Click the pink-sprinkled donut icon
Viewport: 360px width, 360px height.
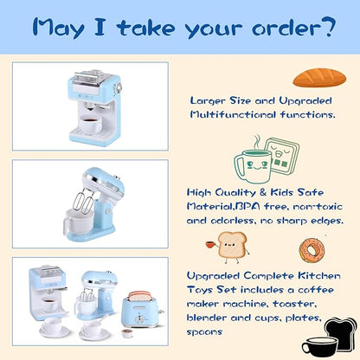(312, 251)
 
